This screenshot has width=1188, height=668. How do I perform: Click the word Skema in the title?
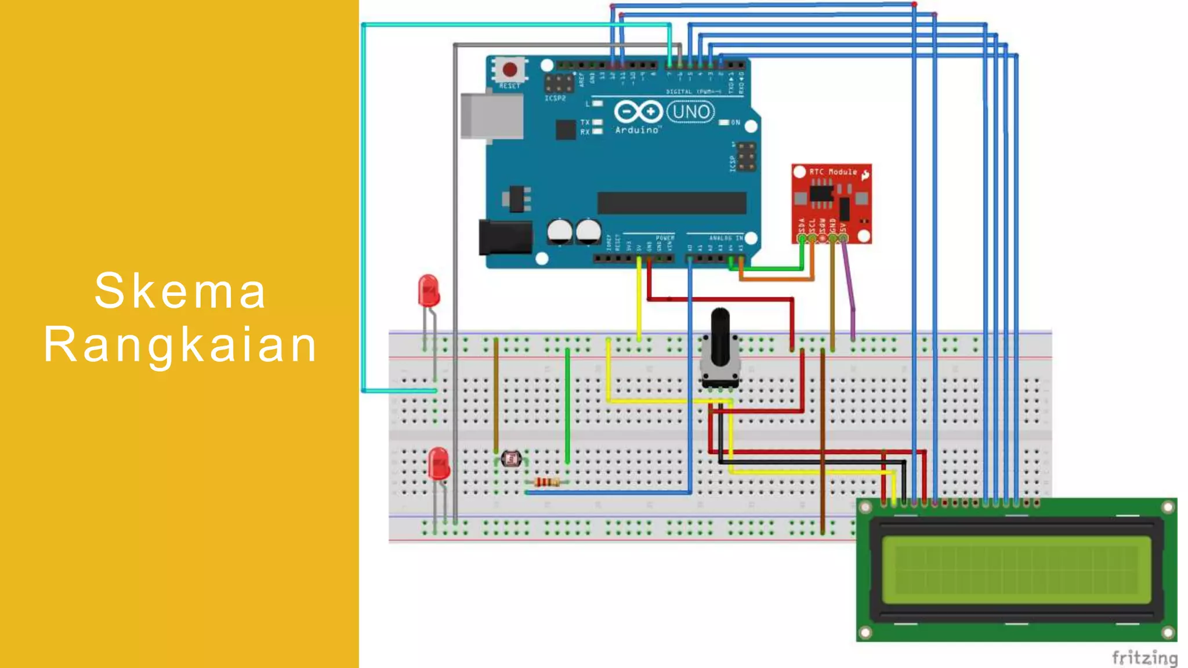(180, 291)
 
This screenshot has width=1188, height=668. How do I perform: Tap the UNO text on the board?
(690, 111)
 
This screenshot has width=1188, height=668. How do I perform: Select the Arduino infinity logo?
(638, 111)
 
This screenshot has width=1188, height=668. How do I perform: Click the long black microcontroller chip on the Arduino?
(672, 203)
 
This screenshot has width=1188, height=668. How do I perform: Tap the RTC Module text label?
(833, 172)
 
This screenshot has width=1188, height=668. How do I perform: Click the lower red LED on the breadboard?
(439, 463)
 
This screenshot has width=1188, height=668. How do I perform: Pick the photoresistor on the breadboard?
(511, 459)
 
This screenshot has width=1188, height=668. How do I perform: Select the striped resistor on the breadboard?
(546, 482)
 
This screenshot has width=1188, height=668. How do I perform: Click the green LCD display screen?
(1016, 569)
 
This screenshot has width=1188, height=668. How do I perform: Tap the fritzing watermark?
(1144, 658)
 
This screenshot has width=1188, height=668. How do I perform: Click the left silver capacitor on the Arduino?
(559, 231)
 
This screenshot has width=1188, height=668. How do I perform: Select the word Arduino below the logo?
(637, 130)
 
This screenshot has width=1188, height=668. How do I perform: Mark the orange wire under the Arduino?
(777, 279)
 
